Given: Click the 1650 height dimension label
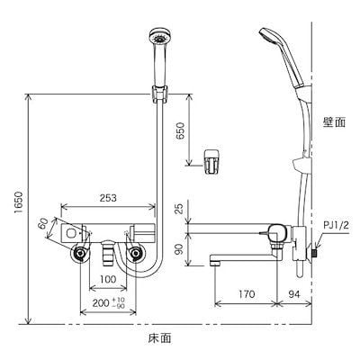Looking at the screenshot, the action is (18, 203).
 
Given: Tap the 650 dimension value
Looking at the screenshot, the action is (180, 130).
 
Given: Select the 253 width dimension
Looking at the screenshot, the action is (108, 198).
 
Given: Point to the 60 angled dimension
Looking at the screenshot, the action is (43, 223).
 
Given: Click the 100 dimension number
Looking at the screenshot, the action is (108, 280).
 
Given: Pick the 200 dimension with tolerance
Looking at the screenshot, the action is (109, 302).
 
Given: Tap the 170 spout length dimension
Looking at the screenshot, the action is (246, 294).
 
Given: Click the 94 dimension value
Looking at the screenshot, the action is (294, 294).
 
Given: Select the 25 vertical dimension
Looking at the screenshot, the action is (180, 209).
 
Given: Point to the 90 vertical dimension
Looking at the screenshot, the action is (180, 249).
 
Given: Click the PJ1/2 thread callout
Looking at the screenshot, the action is (336, 225).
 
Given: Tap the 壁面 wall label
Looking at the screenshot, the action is (334, 122).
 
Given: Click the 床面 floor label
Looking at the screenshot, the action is (160, 338).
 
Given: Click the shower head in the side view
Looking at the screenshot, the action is (281, 57).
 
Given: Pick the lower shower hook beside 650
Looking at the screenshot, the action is (212, 161).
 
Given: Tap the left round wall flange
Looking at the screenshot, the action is (80, 255).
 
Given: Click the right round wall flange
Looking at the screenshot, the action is (136, 255).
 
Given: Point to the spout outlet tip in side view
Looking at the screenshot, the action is (215, 263).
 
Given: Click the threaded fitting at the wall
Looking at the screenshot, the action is (315, 253).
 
